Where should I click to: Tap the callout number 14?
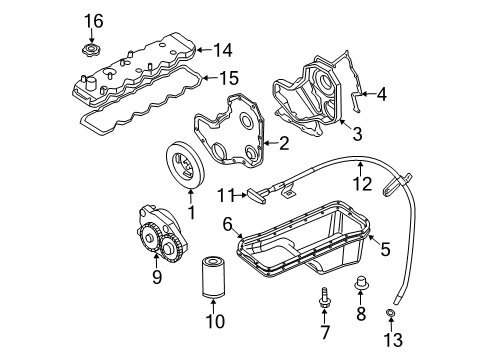[x=221, y=47]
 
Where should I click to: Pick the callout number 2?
[x=283, y=144]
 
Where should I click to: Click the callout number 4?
[x=381, y=95]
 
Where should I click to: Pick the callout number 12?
[x=361, y=184]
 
